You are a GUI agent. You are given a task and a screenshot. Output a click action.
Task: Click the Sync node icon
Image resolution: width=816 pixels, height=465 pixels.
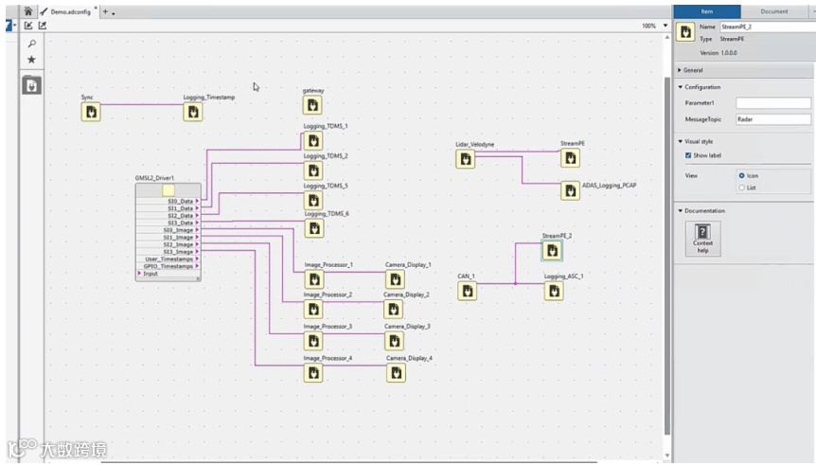click(x=91, y=113)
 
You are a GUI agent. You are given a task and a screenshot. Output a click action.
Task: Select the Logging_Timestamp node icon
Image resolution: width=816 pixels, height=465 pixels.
click(x=193, y=113)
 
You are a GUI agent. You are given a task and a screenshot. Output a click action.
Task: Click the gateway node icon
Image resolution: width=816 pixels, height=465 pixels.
click(x=312, y=105)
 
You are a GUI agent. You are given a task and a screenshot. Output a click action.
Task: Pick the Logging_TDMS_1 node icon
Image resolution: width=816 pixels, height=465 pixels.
click(x=312, y=141)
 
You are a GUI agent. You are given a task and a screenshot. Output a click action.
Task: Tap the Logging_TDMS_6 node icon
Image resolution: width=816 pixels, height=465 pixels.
click(x=312, y=229)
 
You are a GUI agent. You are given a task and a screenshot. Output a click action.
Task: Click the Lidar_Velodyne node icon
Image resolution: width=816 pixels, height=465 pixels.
click(x=465, y=159)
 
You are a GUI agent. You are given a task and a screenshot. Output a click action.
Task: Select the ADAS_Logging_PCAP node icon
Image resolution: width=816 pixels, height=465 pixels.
click(x=571, y=190)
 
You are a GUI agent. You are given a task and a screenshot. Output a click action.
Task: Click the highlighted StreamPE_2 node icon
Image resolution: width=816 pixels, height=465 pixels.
click(x=552, y=250)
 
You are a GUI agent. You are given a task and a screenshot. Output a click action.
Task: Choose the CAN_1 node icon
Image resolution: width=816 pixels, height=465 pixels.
click(x=466, y=291)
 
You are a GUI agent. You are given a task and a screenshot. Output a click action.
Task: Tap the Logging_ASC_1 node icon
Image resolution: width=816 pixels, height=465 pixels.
click(x=554, y=291)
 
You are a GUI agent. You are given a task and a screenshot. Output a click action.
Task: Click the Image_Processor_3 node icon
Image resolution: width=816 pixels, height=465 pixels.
click(x=312, y=341)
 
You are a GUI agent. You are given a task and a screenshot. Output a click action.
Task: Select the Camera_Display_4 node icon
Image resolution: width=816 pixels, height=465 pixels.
click(x=396, y=373)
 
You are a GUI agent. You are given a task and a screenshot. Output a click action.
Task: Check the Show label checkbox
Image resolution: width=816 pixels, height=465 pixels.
click(x=688, y=155)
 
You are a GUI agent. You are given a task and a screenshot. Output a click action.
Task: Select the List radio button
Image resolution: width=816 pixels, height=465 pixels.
click(x=741, y=188)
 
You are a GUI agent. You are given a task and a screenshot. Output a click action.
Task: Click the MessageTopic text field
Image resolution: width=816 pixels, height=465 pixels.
click(x=772, y=119)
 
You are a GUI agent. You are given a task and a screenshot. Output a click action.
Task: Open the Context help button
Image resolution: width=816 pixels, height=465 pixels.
click(x=702, y=238)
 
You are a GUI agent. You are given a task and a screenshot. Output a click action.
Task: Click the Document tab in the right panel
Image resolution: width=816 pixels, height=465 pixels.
click(x=774, y=11)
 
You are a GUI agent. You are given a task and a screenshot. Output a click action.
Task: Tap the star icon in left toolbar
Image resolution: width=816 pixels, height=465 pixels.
click(x=31, y=59)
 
